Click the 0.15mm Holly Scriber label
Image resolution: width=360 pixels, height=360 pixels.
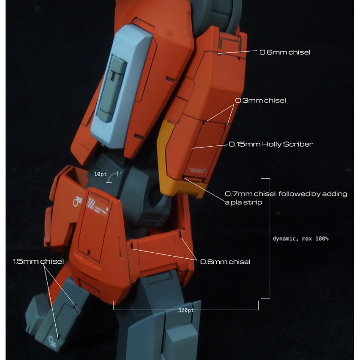(x=271, y=144)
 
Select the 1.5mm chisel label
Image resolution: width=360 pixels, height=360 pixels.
(x=38, y=261)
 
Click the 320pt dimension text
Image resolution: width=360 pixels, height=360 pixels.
(x=186, y=310)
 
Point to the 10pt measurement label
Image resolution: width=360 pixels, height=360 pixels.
(x=100, y=174)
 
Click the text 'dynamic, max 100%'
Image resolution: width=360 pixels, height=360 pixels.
(x=300, y=238)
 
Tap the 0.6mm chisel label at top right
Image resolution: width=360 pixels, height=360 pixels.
(x=285, y=52)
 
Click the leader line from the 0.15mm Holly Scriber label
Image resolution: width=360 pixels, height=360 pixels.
(x=210, y=146)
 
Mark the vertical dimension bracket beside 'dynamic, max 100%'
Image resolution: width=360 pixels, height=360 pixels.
(x=269, y=238)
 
